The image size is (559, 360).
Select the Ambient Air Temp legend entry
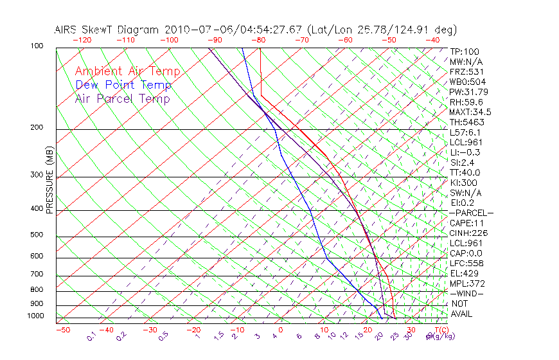click(x=127, y=71)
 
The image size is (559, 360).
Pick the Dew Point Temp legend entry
click(x=123, y=85)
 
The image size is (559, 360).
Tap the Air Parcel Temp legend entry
click(x=122, y=98)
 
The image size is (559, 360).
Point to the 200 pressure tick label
click(x=37, y=128)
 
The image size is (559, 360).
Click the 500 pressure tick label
click(x=37, y=235)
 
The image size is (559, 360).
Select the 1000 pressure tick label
click(x=35, y=316)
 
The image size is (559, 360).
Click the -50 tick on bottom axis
click(x=62, y=330)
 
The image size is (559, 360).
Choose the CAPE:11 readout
click(x=466, y=223)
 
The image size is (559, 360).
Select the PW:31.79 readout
click(x=468, y=92)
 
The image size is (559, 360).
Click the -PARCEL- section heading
click(x=471, y=213)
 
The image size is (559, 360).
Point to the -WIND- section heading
click(x=467, y=293)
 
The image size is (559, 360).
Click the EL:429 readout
click(x=463, y=273)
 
